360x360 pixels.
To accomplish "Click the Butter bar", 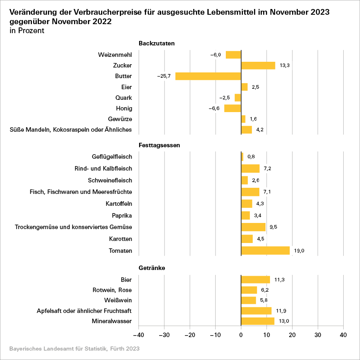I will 208,76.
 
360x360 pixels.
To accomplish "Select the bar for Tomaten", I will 265,250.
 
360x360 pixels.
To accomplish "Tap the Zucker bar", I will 258,65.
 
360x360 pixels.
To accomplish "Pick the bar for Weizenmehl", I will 233,55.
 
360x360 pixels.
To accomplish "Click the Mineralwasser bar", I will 258,321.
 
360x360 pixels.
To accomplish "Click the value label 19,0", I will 299,251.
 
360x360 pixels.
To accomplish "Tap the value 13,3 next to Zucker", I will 285,65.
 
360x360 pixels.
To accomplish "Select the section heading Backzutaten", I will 157,43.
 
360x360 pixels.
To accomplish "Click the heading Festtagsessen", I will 159,145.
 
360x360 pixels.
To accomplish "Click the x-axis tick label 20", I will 292,335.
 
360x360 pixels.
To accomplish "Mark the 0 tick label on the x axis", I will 241,335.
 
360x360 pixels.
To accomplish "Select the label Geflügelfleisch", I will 112,157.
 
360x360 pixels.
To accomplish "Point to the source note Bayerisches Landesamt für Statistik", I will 74,349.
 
